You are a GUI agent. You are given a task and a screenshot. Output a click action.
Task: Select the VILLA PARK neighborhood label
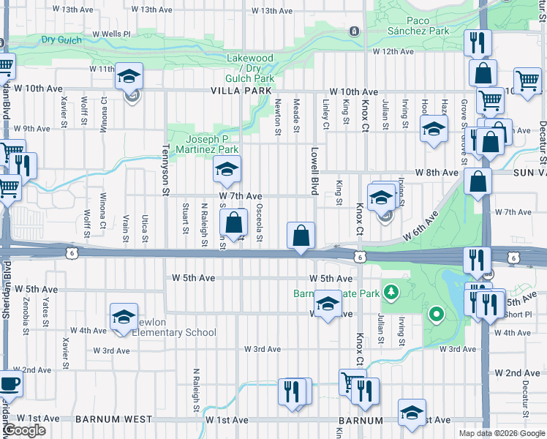[241, 91]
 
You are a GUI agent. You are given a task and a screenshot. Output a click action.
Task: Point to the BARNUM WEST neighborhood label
[113, 420]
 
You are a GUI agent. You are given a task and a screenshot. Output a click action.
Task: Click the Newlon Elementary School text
[174, 332]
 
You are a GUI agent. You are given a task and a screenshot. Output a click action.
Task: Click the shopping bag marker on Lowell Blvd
[301, 236]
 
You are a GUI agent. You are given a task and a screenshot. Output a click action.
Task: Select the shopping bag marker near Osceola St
[233, 223]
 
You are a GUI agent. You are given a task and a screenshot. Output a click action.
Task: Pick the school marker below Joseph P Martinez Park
[227, 170]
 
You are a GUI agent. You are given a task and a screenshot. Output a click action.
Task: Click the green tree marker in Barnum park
[393, 293]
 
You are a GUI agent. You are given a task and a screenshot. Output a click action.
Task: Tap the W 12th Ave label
[393, 51]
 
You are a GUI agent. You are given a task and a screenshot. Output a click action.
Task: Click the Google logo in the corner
[23, 430]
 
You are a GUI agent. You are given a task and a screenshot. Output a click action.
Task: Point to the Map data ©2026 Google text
[500, 433]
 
